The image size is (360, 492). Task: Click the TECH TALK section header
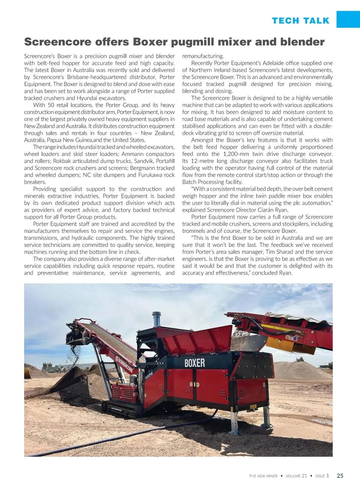point(301,21)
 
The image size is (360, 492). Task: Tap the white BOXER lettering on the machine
point(194,363)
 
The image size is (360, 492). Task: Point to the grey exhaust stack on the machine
point(156,319)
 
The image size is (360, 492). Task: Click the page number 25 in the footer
point(340,475)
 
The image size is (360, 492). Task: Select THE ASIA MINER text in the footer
point(263,476)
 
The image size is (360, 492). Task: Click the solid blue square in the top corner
point(348,19)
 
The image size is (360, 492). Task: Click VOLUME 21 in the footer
point(296,476)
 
